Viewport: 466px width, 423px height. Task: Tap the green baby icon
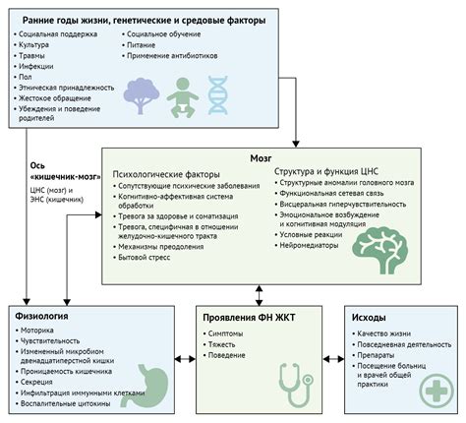pyautogui.click(x=183, y=97)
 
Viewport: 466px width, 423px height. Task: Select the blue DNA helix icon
pyautogui.click(x=217, y=95)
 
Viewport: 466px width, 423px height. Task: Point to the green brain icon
pyautogui.click(x=380, y=250)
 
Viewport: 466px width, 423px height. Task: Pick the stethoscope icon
pyautogui.click(x=296, y=385)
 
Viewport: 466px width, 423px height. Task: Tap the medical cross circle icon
pyautogui.click(x=437, y=391)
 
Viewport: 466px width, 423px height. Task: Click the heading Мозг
pyautogui.click(x=261, y=158)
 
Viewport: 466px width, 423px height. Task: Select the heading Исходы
pyautogui.click(x=369, y=318)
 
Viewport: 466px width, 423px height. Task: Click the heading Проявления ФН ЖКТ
pyautogui.click(x=249, y=318)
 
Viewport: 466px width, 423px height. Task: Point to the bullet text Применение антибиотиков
pyautogui.click(x=172, y=56)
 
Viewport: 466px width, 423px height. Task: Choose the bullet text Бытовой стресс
pyautogui.click(x=145, y=257)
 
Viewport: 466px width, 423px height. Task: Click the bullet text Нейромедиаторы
pyautogui.click(x=309, y=245)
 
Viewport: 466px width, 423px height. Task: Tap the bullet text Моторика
pyautogui.click(x=37, y=331)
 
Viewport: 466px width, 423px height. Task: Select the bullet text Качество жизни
pyautogui.click(x=383, y=333)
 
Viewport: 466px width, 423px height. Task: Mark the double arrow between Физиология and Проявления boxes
pyautogui.click(x=185, y=359)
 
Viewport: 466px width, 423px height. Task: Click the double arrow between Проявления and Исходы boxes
pyautogui.click(x=333, y=359)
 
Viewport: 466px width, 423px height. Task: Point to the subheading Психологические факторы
pyautogui.click(x=166, y=174)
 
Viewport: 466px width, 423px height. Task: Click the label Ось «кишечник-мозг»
pyautogui.click(x=65, y=171)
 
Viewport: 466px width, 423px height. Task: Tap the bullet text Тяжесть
pyautogui.click(x=221, y=344)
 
